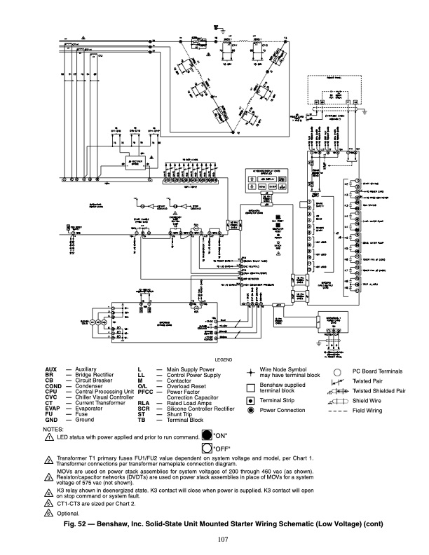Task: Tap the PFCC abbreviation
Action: [x=145, y=395]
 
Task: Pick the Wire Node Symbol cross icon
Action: [x=252, y=371]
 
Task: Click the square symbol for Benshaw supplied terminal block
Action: [x=251, y=387]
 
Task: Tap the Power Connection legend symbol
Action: [x=251, y=411]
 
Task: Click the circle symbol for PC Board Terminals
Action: [x=337, y=371]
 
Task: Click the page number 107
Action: [x=214, y=537]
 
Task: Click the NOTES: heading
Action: [x=53, y=427]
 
